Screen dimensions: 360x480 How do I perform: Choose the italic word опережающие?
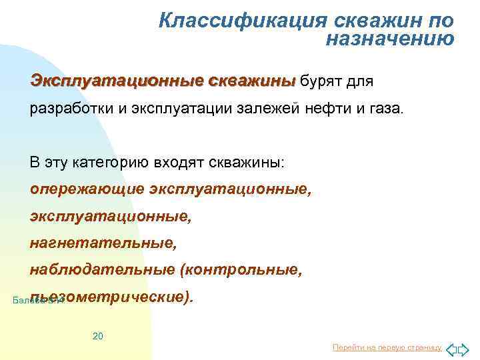click(x=87, y=189)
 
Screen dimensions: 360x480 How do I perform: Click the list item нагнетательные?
click(x=103, y=243)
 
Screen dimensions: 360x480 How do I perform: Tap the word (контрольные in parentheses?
click(x=241, y=270)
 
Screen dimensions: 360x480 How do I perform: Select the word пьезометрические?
click(x=113, y=297)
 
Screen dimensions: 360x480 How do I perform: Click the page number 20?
click(x=97, y=336)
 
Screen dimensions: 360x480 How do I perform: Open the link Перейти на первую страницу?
click(x=386, y=348)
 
